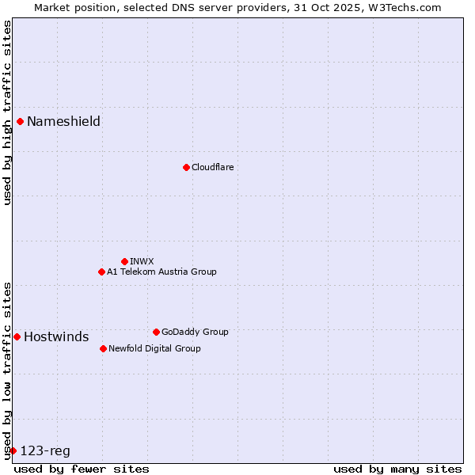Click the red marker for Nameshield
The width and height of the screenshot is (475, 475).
[x=20, y=121]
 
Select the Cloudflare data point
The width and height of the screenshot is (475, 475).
[x=186, y=167]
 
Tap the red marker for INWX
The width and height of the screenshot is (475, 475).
[x=124, y=261]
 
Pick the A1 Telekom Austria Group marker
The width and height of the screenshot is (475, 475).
[x=101, y=272]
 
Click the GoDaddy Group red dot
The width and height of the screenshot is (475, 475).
[x=156, y=332]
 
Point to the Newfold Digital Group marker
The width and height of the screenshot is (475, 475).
[x=103, y=348]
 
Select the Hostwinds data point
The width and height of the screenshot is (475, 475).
[x=17, y=336]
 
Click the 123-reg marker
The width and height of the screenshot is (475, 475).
[x=13, y=450]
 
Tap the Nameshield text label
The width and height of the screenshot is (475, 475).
[x=63, y=121]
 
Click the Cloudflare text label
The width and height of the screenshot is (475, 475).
[x=212, y=167]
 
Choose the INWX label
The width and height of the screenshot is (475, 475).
[x=142, y=261]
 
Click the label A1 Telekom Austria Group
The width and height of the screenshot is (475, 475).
[x=161, y=272]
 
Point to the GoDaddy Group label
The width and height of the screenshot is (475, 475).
[x=195, y=332]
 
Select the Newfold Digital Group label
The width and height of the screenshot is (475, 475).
[x=154, y=348]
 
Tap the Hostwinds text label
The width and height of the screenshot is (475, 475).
[x=56, y=336]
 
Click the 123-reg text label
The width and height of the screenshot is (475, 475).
[x=45, y=450]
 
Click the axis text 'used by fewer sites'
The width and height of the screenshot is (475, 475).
[x=82, y=469]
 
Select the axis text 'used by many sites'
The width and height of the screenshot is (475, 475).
[x=397, y=469]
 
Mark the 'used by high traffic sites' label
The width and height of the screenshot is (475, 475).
[x=7, y=112]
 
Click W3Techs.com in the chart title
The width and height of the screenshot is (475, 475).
[x=405, y=6]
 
